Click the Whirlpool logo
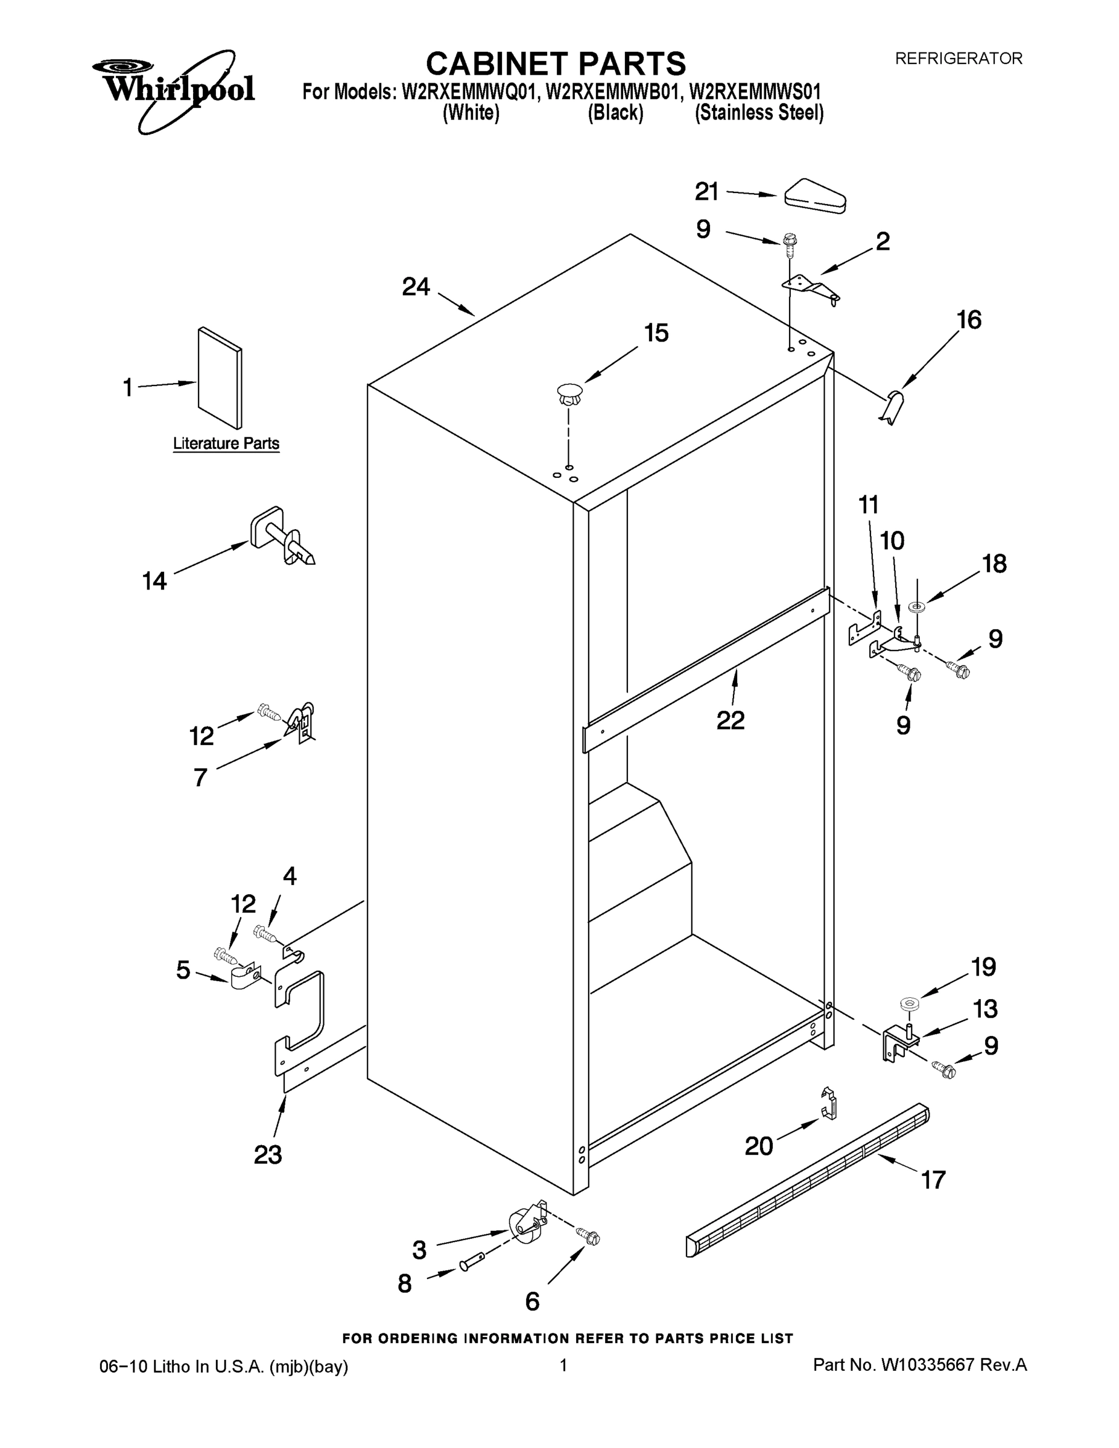tap(174, 88)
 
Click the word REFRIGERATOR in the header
tap(958, 59)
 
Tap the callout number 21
tap(706, 192)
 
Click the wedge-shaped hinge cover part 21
tap(815, 196)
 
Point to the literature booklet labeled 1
tap(220, 378)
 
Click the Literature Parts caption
tap(226, 443)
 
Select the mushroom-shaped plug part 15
tap(569, 395)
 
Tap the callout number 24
tap(416, 287)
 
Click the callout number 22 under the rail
tap(731, 720)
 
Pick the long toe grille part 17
tap(807, 1180)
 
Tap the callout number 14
tap(154, 582)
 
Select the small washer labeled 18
tap(918, 605)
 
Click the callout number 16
tap(969, 320)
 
